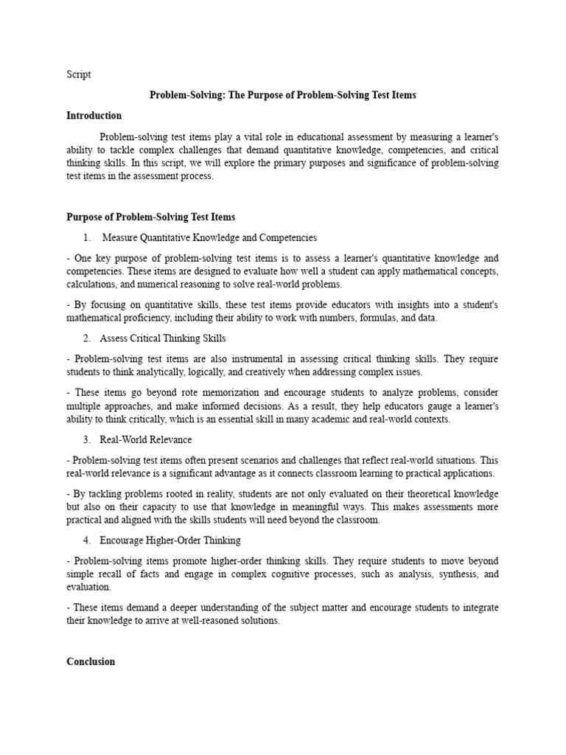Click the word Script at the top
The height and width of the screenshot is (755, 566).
tap(79, 74)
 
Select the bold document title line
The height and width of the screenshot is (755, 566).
tap(283, 95)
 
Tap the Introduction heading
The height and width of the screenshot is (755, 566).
tap(94, 116)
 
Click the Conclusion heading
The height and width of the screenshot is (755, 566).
tap(91, 661)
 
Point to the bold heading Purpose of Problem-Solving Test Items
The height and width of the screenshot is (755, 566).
tap(151, 217)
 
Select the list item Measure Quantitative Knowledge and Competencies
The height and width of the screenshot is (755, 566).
tap(209, 237)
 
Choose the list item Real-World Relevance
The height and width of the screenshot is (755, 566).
tap(147, 439)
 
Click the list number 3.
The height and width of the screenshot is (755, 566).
tap(86, 439)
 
